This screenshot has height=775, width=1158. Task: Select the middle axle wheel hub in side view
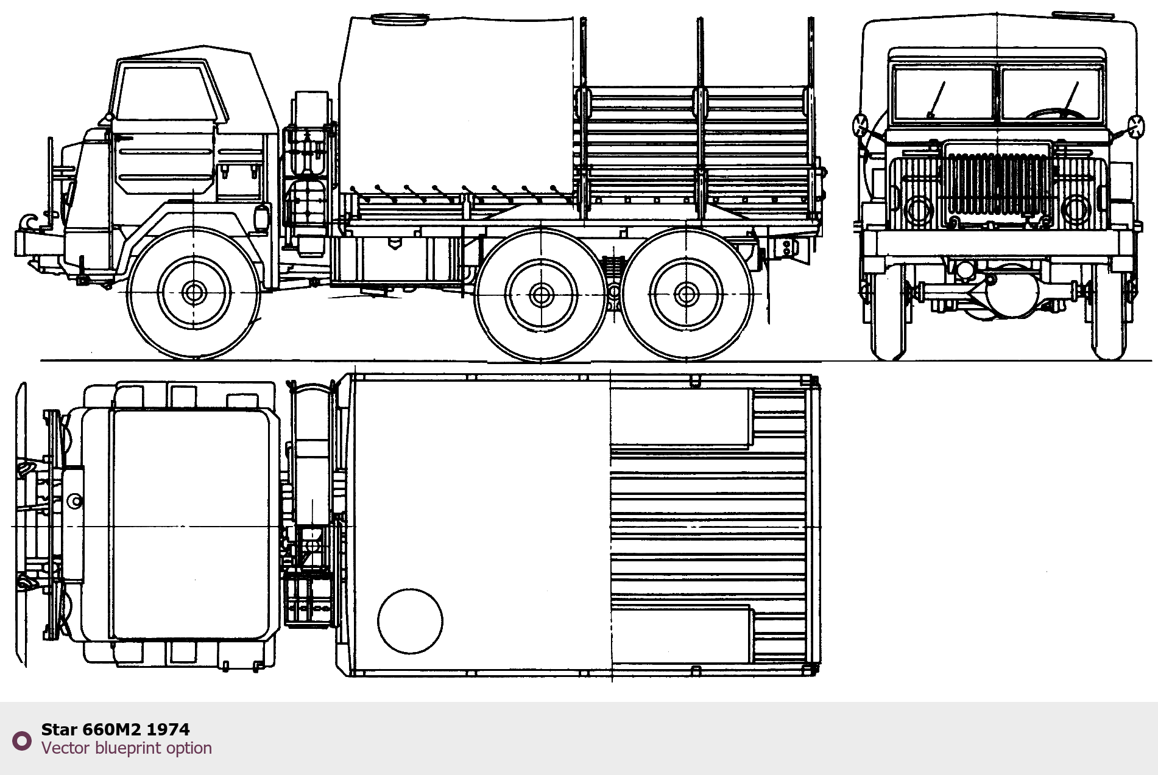(541, 295)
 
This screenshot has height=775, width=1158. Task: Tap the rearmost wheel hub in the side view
(687, 295)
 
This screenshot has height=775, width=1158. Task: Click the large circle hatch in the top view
(410, 621)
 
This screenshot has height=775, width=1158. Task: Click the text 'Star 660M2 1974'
(115, 729)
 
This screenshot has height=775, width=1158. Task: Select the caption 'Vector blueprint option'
(127, 748)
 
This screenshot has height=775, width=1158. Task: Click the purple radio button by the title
(22, 740)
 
